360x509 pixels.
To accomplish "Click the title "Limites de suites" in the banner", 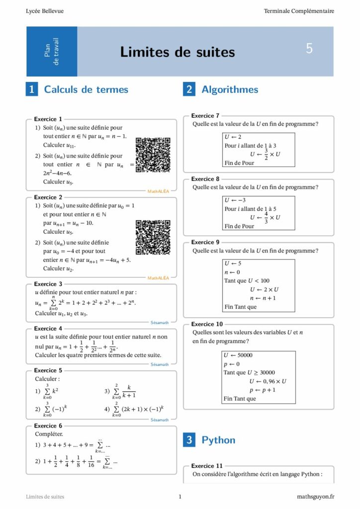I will (x=178, y=52).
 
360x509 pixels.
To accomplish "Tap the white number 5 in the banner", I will (x=309, y=49).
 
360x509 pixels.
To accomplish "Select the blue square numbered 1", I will (x=32, y=89).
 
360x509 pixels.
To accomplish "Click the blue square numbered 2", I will (x=189, y=89).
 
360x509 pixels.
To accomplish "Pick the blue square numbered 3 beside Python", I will (x=189, y=440).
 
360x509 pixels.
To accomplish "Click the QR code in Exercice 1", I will (x=153, y=155).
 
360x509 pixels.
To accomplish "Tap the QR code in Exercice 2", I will (x=153, y=238).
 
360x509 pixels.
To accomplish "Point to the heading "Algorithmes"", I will (x=230, y=89).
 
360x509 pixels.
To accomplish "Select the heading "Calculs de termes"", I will (x=86, y=89).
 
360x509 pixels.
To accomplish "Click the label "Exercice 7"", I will (x=205, y=116).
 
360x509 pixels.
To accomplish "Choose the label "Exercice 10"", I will (x=207, y=324).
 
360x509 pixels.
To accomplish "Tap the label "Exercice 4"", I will (x=48, y=329).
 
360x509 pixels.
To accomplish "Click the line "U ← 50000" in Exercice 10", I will (x=238, y=355).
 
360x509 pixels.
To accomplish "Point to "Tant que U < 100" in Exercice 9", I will (x=247, y=280).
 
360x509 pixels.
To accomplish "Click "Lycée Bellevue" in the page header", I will (x=45, y=11).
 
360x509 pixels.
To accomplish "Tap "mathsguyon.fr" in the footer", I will (x=315, y=496).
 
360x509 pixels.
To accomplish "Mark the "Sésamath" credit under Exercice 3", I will (x=160, y=323).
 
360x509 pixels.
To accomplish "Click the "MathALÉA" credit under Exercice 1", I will (x=158, y=191).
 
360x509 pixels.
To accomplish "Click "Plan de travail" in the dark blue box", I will (x=52, y=51).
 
